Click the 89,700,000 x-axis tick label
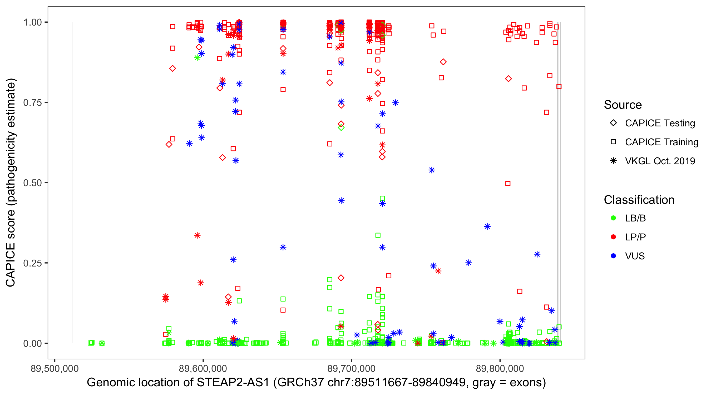coord(351,368)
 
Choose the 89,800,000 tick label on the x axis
coord(500,368)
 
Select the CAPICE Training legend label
coord(661,142)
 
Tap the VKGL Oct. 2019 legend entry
coord(660,161)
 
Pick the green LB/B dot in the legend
coord(613,218)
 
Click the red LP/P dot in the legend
coord(613,237)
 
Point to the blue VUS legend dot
coord(613,256)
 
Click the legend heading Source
coord(623,105)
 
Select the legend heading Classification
coord(639,200)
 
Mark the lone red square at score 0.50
coord(508,184)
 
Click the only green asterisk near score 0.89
coord(197,58)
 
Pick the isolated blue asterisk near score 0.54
coord(432,170)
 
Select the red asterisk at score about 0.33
coord(197,235)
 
